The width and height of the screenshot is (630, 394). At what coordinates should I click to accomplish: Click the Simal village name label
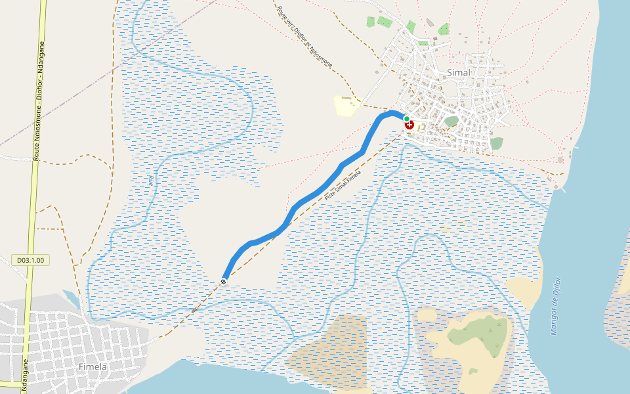(x=458, y=72)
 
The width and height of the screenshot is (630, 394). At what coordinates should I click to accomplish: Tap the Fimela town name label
(x=92, y=366)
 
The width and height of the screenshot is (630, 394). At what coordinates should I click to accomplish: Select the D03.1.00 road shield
(x=31, y=260)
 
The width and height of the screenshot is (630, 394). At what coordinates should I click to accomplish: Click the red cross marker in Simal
(x=410, y=125)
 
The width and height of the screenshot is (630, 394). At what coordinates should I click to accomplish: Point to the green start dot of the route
(x=407, y=119)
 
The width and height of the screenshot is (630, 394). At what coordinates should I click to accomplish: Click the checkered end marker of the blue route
(x=224, y=282)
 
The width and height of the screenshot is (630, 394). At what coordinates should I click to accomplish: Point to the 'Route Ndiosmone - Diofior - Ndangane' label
(x=39, y=102)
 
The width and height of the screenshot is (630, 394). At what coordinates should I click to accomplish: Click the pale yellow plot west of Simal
(x=346, y=105)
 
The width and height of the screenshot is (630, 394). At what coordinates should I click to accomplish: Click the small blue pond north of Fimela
(x=72, y=299)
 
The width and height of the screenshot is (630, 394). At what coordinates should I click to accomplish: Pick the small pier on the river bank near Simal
(x=558, y=188)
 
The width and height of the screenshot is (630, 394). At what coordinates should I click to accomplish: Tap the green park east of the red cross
(x=451, y=121)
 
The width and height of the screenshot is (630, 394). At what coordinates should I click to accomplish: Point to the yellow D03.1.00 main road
(x=30, y=197)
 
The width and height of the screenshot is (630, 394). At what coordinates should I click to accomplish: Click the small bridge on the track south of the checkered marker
(x=194, y=309)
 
